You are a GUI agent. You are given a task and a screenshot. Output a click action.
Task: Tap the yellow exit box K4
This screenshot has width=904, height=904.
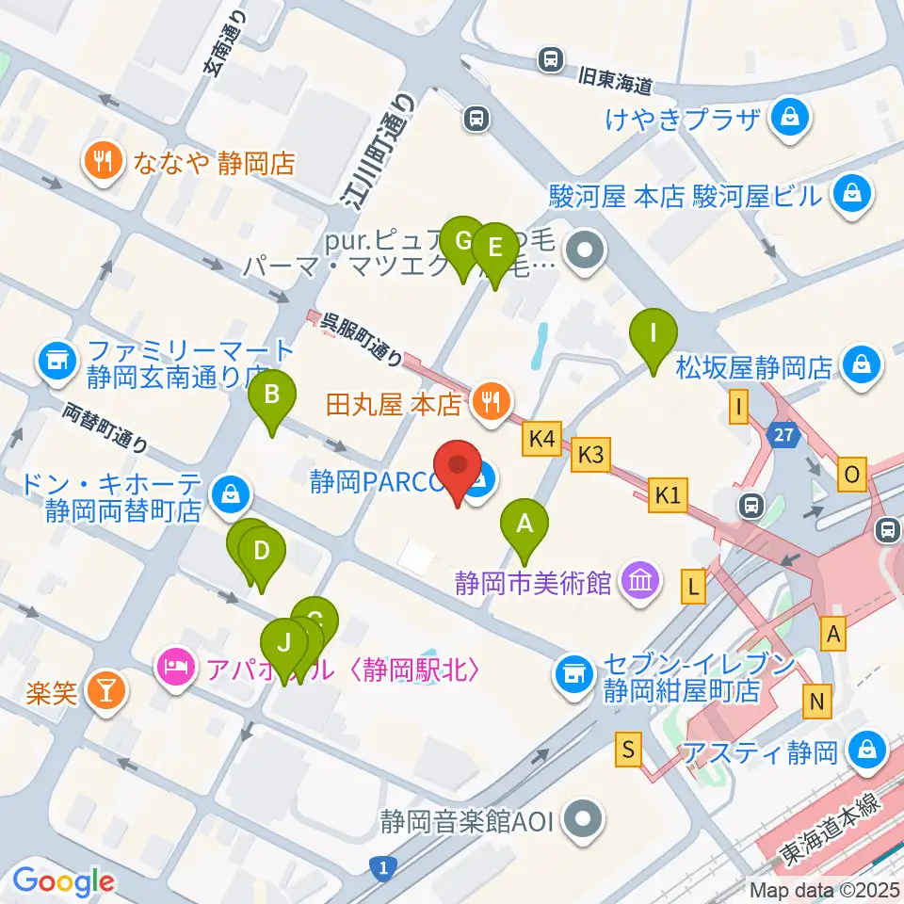pyautogui.click(x=541, y=437)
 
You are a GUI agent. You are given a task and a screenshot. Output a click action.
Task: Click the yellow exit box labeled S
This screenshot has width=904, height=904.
pyautogui.click(x=629, y=751)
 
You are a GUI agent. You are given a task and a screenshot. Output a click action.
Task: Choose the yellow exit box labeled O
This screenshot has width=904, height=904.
pyautogui.click(x=852, y=475)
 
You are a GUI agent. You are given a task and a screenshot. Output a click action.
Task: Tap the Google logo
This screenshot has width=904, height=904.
pyautogui.click(x=63, y=881)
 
